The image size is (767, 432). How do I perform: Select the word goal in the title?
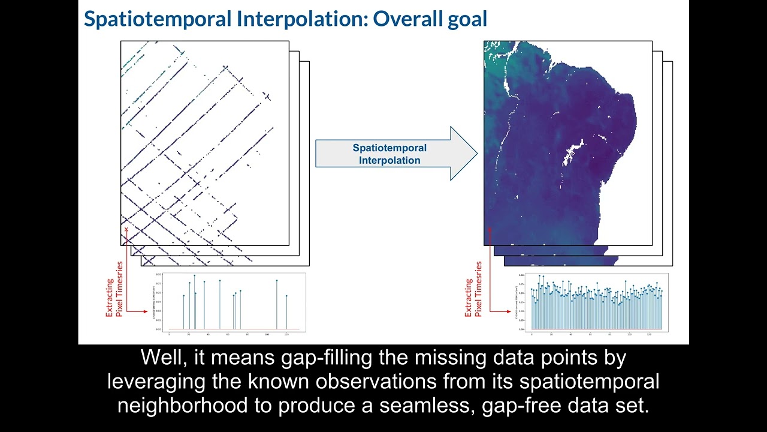(x=461, y=19)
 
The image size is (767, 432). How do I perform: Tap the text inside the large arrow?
(x=389, y=154)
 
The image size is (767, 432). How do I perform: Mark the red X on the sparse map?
(x=126, y=229)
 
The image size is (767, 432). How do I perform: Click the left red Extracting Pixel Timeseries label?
(x=114, y=289)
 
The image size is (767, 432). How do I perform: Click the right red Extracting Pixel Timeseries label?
(x=473, y=289)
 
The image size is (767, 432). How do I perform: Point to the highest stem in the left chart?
(x=194, y=276)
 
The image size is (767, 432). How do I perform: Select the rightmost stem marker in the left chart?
(x=286, y=296)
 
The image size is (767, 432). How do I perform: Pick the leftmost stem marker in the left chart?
(x=183, y=296)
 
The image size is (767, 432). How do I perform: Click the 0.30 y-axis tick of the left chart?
(x=158, y=274)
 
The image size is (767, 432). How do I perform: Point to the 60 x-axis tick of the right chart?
(x=590, y=334)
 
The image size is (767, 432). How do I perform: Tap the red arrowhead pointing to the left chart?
(x=145, y=311)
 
